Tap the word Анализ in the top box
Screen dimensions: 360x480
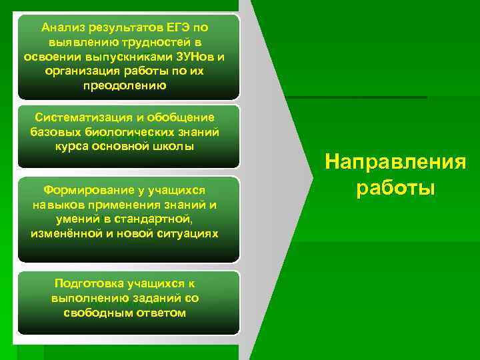click(63, 28)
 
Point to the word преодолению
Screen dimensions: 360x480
click(125, 86)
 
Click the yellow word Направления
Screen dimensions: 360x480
click(395, 162)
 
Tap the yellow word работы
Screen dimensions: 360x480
click(395, 187)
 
